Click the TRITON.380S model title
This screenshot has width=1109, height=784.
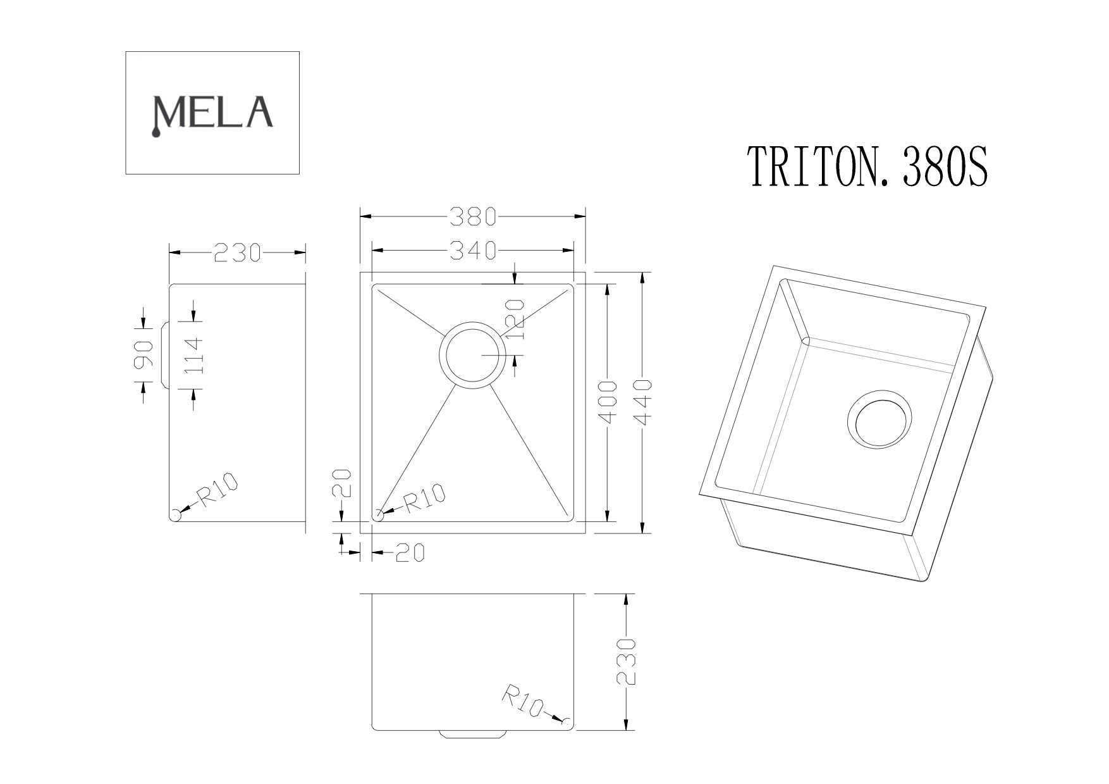pyautogui.click(x=867, y=166)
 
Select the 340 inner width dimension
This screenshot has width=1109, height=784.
pyautogui.click(x=472, y=251)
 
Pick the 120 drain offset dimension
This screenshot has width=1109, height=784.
pyautogui.click(x=516, y=320)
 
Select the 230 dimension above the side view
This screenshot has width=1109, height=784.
pyautogui.click(x=237, y=253)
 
